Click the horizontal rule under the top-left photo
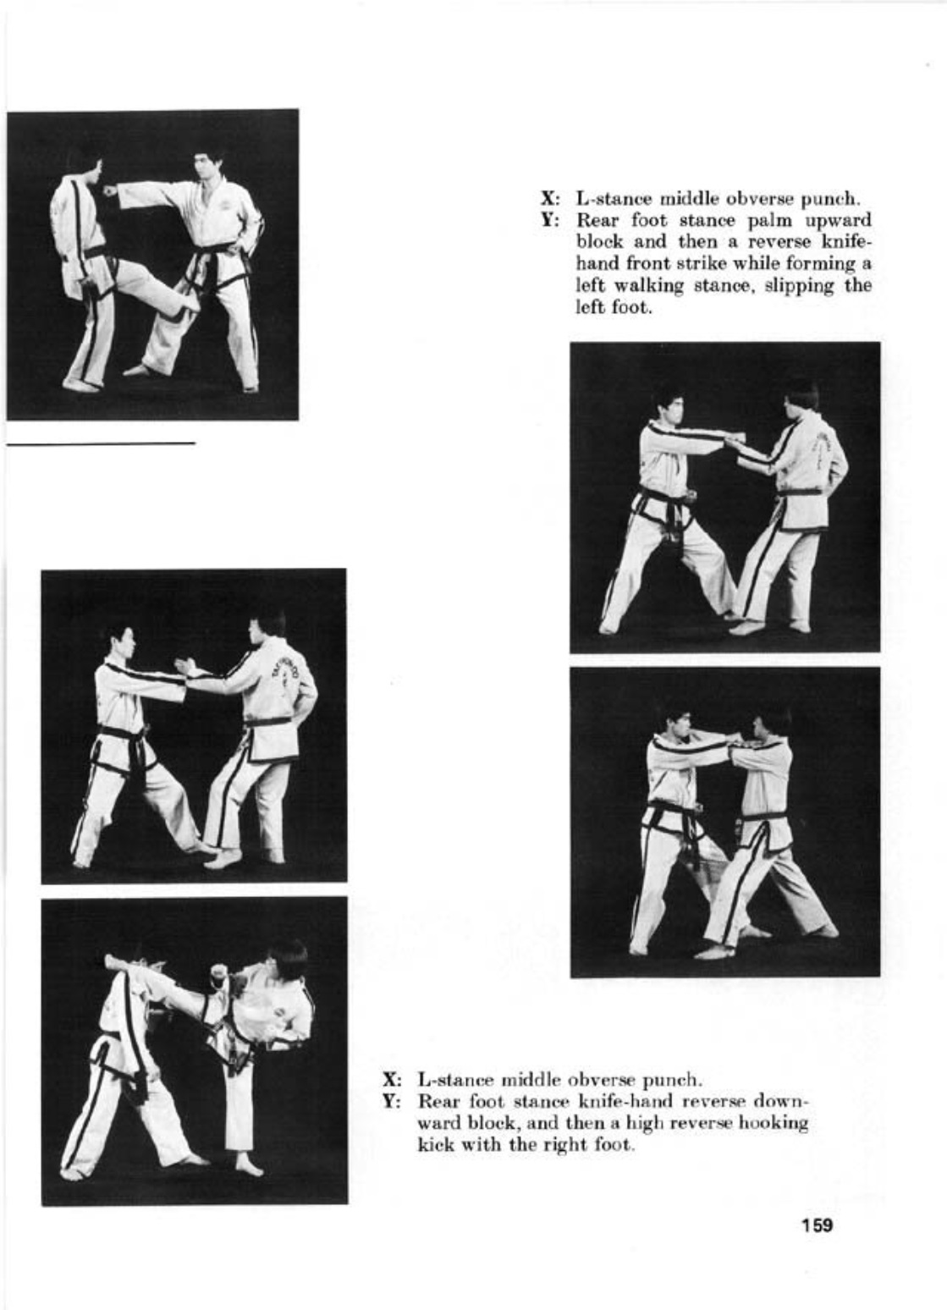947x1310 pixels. [101, 443]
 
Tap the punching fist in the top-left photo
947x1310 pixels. [110, 190]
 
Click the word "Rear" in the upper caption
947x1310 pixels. [597, 221]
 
